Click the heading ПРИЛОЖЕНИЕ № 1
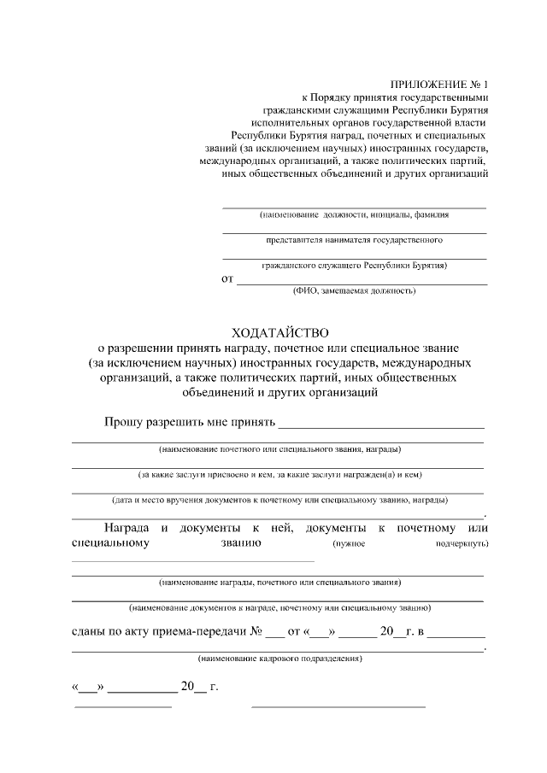(x=438, y=85)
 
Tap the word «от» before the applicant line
(x=227, y=278)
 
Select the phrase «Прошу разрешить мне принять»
(x=190, y=422)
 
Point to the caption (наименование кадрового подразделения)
(x=279, y=659)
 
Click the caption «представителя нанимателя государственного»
(x=354, y=240)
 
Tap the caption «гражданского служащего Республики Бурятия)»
(x=354, y=266)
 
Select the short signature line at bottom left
(x=123, y=707)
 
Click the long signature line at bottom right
(x=338, y=707)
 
